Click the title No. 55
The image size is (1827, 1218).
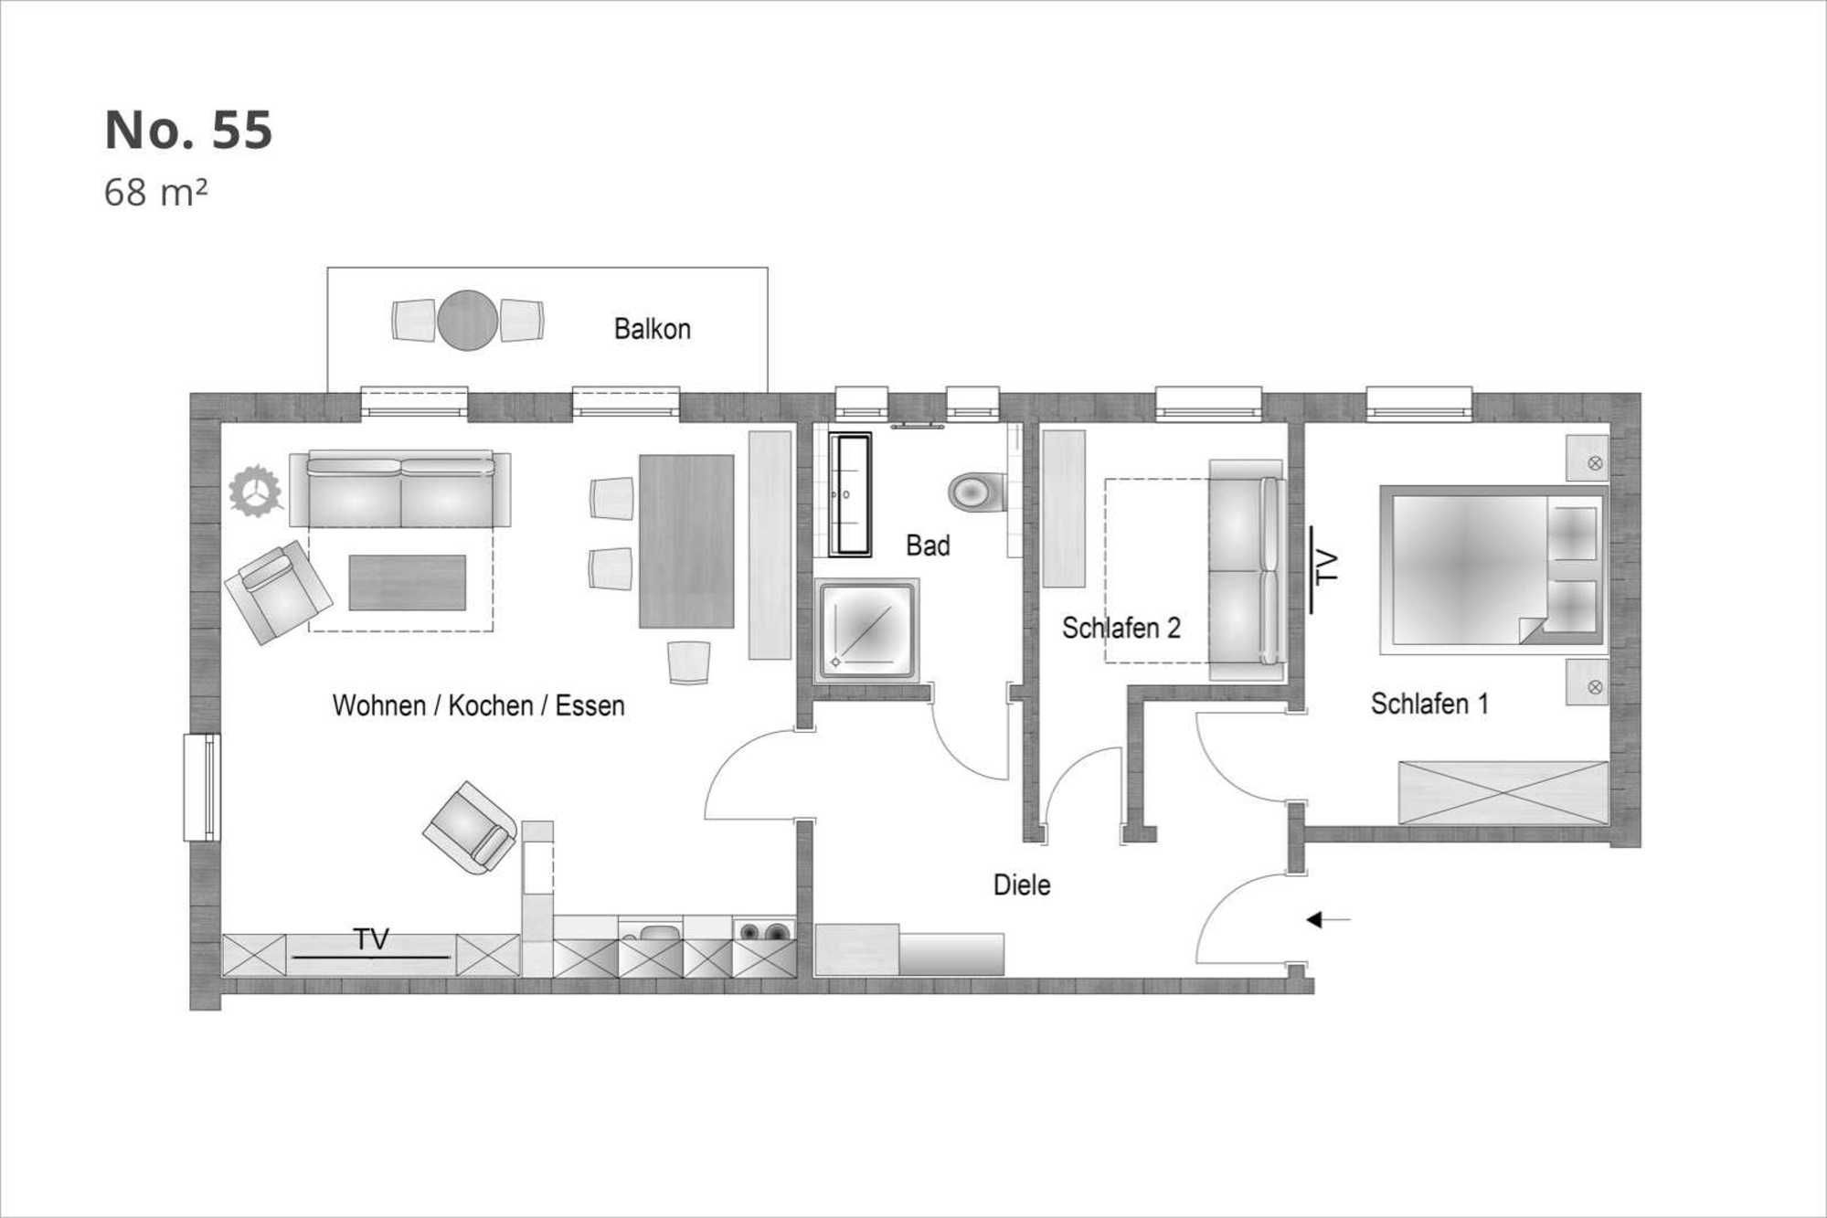[x=188, y=130]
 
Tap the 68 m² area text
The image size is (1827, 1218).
[x=155, y=193]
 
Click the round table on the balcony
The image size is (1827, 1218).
[x=467, y=320]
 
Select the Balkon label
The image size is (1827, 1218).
[x=652, y=329]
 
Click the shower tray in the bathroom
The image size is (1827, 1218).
[x=866, y=630]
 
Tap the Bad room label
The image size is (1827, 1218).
[x=928, y=545]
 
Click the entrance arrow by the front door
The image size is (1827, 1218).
[x=1328, y=919]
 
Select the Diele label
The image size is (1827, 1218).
[x=1022, y=884]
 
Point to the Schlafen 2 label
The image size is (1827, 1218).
[x=1121, y=628]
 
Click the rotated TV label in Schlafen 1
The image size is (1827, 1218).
[x=1326, y=567]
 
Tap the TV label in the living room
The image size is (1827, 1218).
[x=371, y=939]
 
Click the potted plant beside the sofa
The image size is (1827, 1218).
[x=255, y=492]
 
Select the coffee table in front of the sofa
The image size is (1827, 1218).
[x=407, y=582]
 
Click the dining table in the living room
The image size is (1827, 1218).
[x=686, y=541]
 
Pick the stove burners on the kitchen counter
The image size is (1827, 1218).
[x=764, y=932]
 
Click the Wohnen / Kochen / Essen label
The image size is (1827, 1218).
[x=478, y=705]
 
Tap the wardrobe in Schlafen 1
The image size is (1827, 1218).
[x=1503, y=792]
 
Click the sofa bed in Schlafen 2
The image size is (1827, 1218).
[x=1247, y=570]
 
